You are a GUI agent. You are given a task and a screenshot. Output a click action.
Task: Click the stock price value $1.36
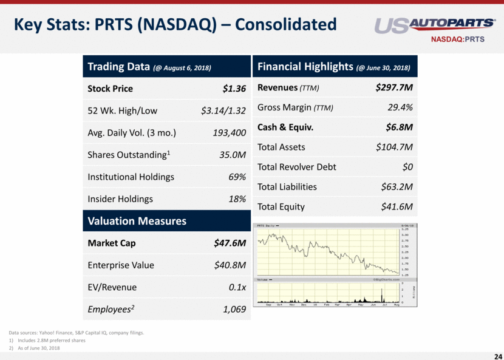[x=234, y=89]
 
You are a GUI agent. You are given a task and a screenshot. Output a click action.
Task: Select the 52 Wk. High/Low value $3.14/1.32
[x=223, y=110]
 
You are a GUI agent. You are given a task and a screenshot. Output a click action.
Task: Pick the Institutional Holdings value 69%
[x=236, y=177]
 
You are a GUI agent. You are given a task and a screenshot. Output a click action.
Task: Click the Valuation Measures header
[x=137, y=221]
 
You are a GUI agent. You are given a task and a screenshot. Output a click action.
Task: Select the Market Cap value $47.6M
[x=230, y=243]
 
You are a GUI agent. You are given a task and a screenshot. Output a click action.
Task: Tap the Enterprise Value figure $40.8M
[x=230, y=265]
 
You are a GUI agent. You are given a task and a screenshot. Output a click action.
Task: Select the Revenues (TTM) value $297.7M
[x=395, y=88]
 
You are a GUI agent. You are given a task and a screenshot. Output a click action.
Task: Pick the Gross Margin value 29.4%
[x=400, y=107]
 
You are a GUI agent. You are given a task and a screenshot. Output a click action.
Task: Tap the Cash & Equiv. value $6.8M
[x=400, y=127]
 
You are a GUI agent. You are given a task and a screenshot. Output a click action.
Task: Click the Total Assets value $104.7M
[x=395, y=147]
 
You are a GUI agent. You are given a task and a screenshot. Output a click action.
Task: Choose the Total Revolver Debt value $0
[x=407, y=167]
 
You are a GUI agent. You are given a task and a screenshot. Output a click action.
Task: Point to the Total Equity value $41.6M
[x=397, y=206]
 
